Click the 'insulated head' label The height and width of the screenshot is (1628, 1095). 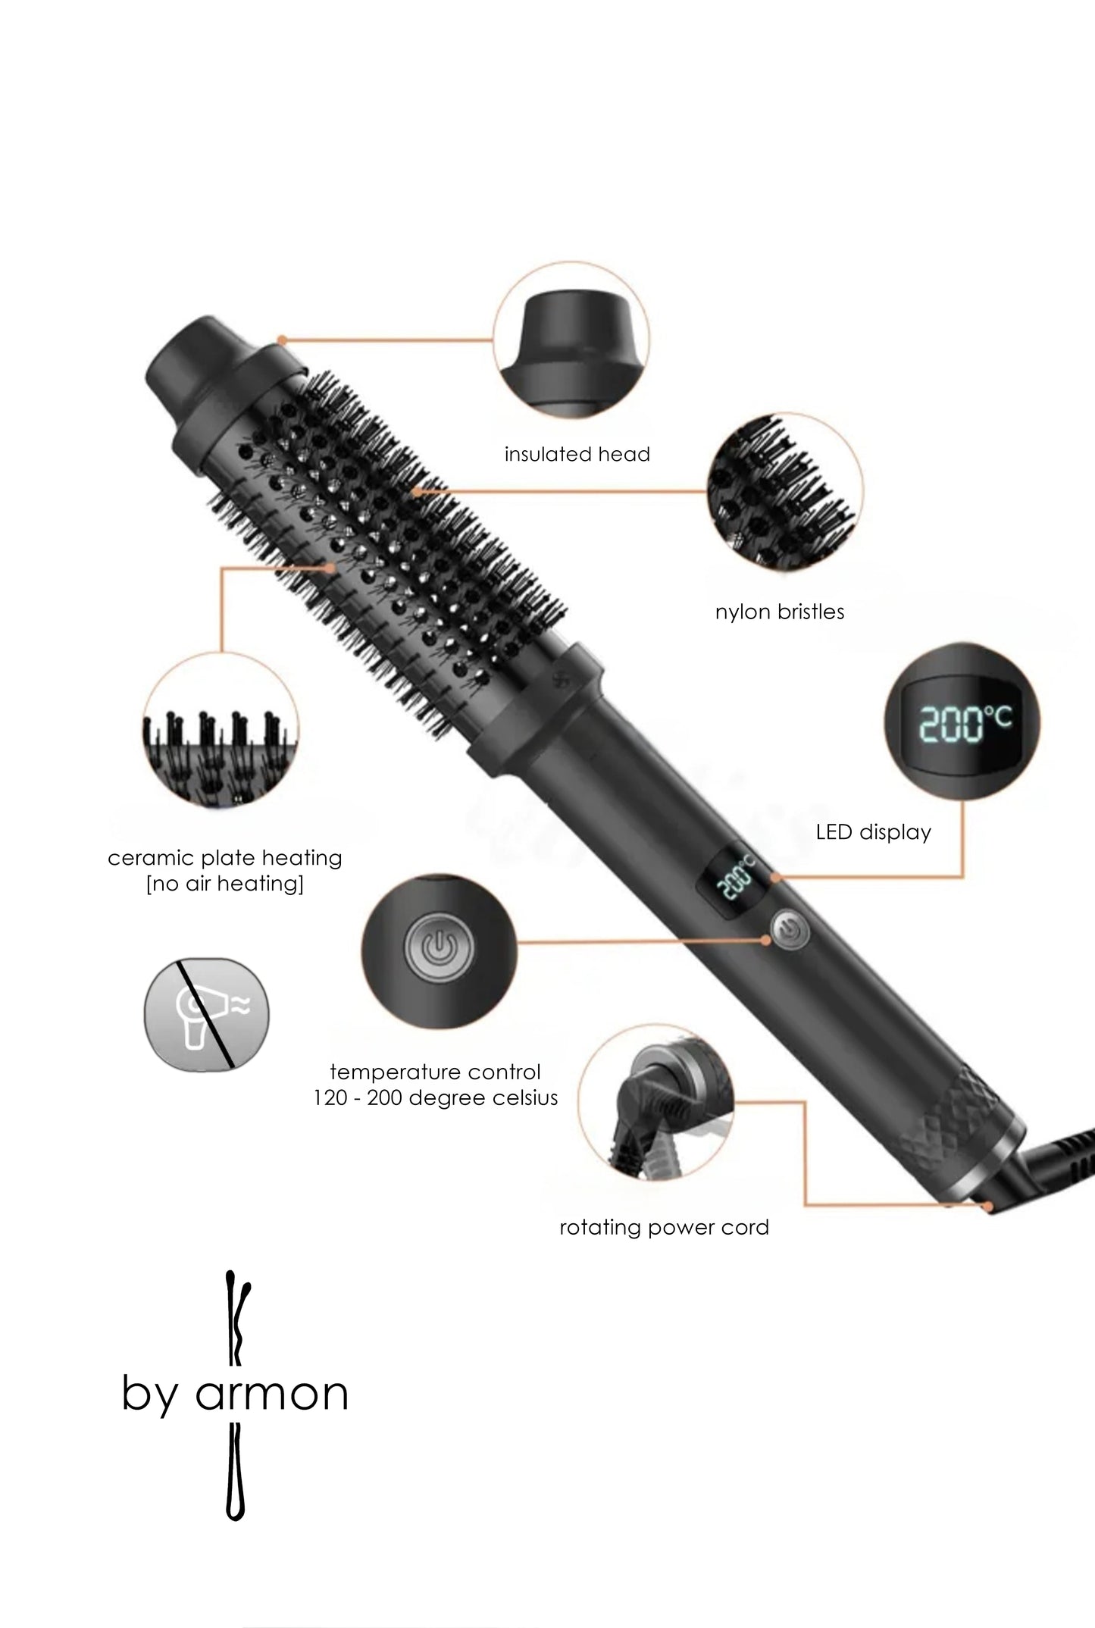pyautogui.click(x=577, y=454)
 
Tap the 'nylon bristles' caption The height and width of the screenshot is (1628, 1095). pyautogui.click(x=780, y=612)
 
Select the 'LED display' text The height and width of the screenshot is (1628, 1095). pyautogui.click(x=873, y=832)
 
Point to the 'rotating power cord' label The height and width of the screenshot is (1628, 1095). pyautogui.click(x=664, y=1227)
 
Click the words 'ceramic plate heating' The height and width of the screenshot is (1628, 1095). pyautogui.click(x=225, y=858)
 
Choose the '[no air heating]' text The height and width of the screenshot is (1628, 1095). pyautogui.click(x=225, y=884)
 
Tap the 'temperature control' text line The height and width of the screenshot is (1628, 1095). pyautogui.click(x=436, y=1072)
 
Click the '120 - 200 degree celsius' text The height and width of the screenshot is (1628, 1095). pyautogui.click(x=436, y=1097)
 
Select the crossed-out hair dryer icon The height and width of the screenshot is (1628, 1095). pyautogui.click(x=207, y=1014)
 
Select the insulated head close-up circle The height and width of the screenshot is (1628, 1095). pyautogui.click(x=571, y=341)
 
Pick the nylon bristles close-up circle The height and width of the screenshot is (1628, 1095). pyautogui.click(x=785, y=491)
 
